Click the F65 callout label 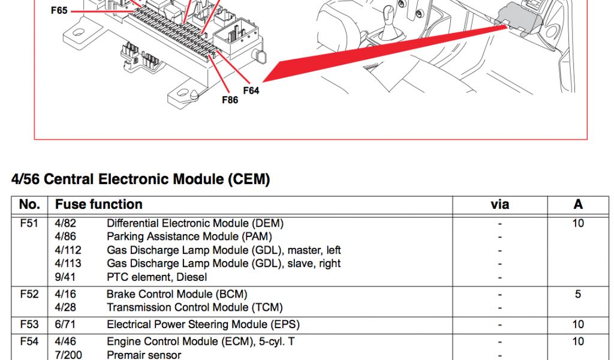(x=59, y=10)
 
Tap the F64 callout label (x=251, y=91)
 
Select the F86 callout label (x=230, y=100)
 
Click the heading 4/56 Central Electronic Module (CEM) (x=140, y=179)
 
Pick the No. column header (x=29, y=205)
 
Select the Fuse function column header (x=98, y=205)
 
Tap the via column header (x=499, y=205)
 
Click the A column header (x=577, y=205)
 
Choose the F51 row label (x=29, y=223)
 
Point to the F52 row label (x=29, y=294)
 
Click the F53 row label (x=29, y=325)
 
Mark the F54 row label (x=29, y=341)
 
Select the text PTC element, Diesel (x=156, y=277)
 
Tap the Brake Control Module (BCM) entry (x=176, y=294)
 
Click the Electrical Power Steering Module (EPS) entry (x=203, y=325)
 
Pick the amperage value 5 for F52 (x=577, y=294)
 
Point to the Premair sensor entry (x=143, y=355)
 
